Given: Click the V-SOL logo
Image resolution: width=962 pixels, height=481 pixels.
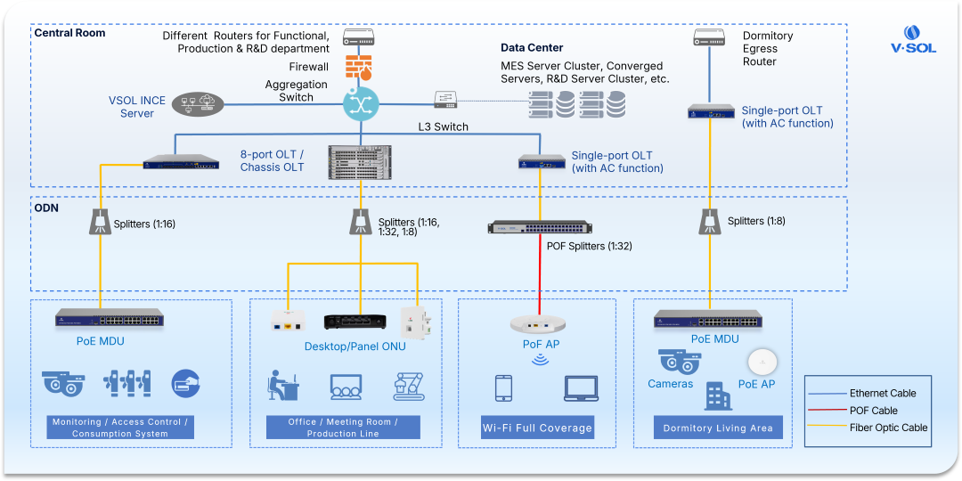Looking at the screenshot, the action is pyautogui.click(x=914, y=39).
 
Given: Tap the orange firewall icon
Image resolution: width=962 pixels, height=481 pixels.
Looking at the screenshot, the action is pyautogui.click(x=359, y=67).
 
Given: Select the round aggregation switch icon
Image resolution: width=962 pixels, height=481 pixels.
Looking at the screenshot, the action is pyautogui.click(x=360, y=104).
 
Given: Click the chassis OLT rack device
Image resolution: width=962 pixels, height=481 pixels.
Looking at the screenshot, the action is pyautogui.click(x=360, y=162).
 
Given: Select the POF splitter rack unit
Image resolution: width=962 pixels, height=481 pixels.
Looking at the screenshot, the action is pyautogui.click(x=540, y=227).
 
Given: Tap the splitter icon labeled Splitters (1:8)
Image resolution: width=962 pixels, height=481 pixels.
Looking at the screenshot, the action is pyautogui.click(x=710, y=222).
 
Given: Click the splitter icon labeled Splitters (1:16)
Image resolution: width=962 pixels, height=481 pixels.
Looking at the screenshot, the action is pyautogui.click(x=100, y=222).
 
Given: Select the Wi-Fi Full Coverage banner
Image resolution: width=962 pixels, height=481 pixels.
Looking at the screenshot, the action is pyautogui.click(x=536, y=428).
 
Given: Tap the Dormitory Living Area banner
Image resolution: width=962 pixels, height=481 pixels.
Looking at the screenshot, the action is pyautogui.click(x=718, y=428).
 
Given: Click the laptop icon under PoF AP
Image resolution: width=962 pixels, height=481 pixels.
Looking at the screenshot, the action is pyautogui.click(x=581, y=388).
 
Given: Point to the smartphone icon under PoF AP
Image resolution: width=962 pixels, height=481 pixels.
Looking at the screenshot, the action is pyautogui.click(x=503, y=387).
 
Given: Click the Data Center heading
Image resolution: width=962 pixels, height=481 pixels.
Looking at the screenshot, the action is pyautogui.click(x=532, y=47).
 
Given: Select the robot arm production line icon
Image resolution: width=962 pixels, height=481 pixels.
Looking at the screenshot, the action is pyautogui.click(x=409, y=387).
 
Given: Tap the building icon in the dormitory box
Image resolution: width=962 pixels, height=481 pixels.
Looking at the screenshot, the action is pyautogui.click(x=718, y=396).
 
